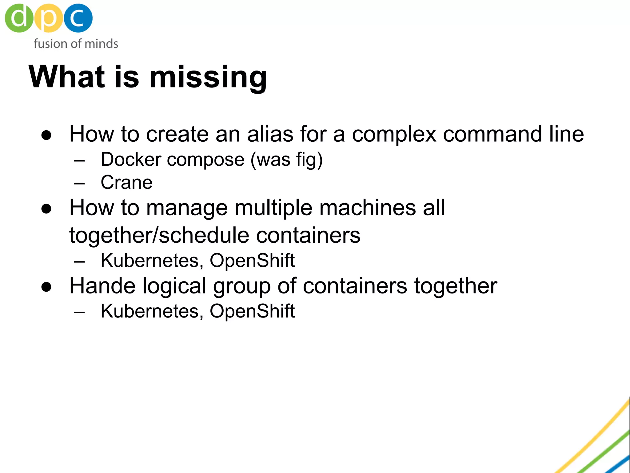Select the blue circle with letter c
[78, 18]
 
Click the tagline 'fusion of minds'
[76, 44]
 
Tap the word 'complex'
[394, 135]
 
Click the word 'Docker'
[131, 160]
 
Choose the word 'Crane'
[126, 182]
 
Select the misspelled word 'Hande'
[102, 286]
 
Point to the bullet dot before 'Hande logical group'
[46, 287]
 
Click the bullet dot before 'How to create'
[46, 135]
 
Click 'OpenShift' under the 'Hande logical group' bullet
[252, 311]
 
